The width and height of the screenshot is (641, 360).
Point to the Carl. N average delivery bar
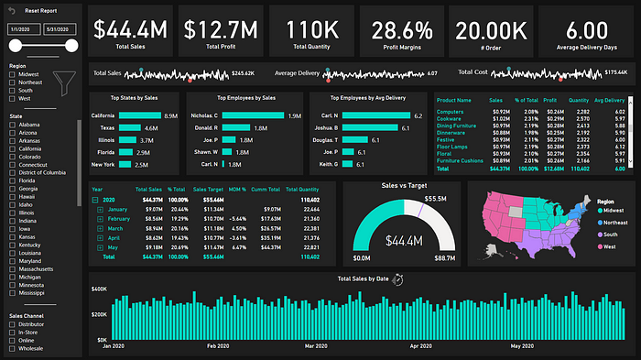[x=377, y=116]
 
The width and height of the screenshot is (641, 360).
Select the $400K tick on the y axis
[x=99, y=289]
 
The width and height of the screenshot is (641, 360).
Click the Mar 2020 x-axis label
[x=315, y=347]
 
